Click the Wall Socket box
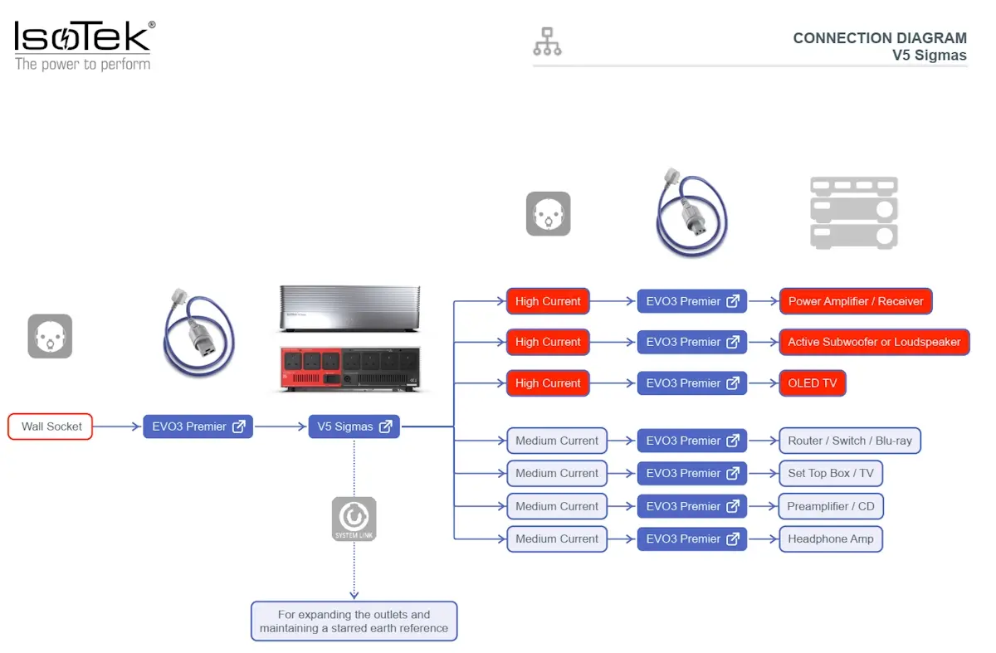(51, 426)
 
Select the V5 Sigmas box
(354, 426)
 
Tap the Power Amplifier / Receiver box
(856, 301)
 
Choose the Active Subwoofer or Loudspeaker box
(875, 343)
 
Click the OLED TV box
(813, 383)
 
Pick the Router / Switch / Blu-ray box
(850, 441)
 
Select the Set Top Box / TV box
(831, 474)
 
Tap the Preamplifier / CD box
(831, 506)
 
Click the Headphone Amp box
(831, 539)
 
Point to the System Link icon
(354, 519)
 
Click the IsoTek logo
(85, 46)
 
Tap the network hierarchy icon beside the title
(547, 41)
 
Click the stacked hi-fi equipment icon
(854, 213)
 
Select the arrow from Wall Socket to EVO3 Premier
(117, 426)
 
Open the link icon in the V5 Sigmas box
(385, 426)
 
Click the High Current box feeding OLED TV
(548, 383)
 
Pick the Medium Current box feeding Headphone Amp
(557, 539)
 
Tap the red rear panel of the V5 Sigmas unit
(311, 368)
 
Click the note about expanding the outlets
(354, 621)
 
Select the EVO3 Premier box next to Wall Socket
(198, 426)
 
